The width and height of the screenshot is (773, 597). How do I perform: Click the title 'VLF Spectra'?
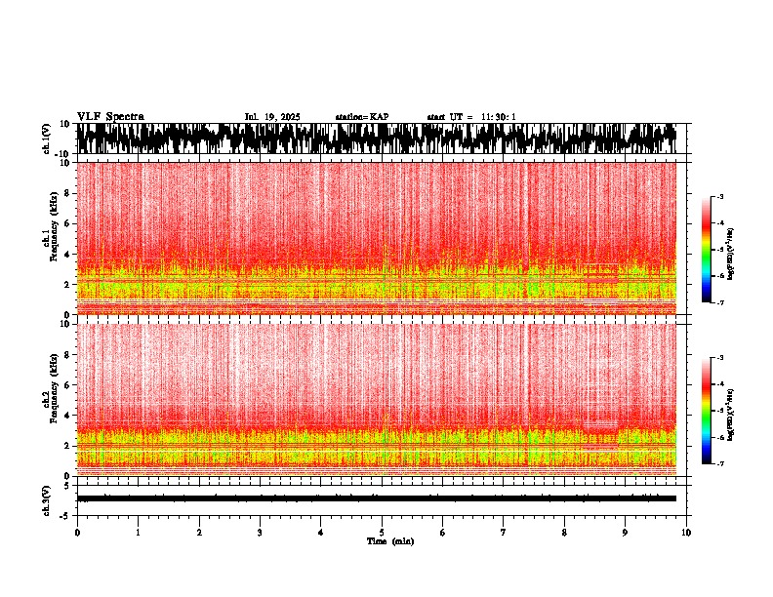110,116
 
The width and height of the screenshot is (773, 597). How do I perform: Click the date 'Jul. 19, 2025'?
272,117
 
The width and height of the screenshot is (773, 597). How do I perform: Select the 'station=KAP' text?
361,117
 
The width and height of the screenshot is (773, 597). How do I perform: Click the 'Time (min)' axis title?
389,541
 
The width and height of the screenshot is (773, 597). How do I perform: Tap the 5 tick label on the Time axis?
382,533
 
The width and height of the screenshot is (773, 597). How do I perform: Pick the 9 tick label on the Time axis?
626,533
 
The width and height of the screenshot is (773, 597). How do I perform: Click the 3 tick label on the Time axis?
260,533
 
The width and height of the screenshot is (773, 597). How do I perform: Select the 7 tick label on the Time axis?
504,533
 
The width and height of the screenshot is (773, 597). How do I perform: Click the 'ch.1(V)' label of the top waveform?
46,139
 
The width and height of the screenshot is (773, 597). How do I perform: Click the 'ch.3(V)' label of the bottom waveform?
46,498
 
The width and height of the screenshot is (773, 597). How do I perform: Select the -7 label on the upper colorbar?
720,302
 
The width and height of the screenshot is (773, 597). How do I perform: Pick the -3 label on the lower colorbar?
720,359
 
